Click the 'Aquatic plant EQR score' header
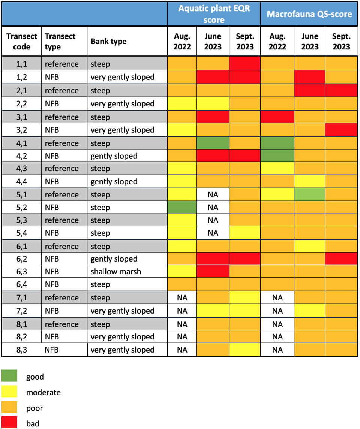point(214,13)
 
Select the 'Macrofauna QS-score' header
point(309,14)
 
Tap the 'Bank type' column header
point(108,42)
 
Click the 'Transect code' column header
point(22,42)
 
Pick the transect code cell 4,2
point(22,156)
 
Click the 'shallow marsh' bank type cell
point(115,271)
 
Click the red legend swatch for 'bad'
point(10,424)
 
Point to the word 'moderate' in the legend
point(43,393)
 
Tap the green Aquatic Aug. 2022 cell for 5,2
point(182,208)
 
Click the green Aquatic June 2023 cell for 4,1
point(213,143)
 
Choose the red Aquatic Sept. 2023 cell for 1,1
point(245,64)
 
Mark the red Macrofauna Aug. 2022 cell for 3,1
point(277,117)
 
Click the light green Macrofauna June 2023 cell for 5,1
point(310,195)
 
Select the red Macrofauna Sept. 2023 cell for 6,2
point(341,259)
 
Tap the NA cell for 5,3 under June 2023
point(213,220)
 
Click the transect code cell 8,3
point(22,350)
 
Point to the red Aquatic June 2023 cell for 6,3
point(213,271)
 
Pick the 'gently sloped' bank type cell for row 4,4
point(114,182)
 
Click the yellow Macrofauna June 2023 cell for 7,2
point(310,311)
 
